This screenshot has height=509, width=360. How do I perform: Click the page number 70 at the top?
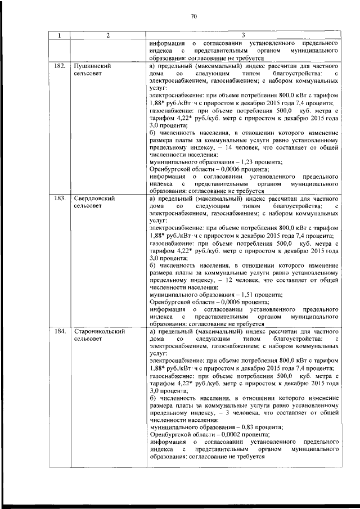193,16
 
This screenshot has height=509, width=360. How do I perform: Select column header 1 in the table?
58,35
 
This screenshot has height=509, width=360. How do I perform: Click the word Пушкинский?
92,66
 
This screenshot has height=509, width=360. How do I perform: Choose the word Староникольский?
99,332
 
